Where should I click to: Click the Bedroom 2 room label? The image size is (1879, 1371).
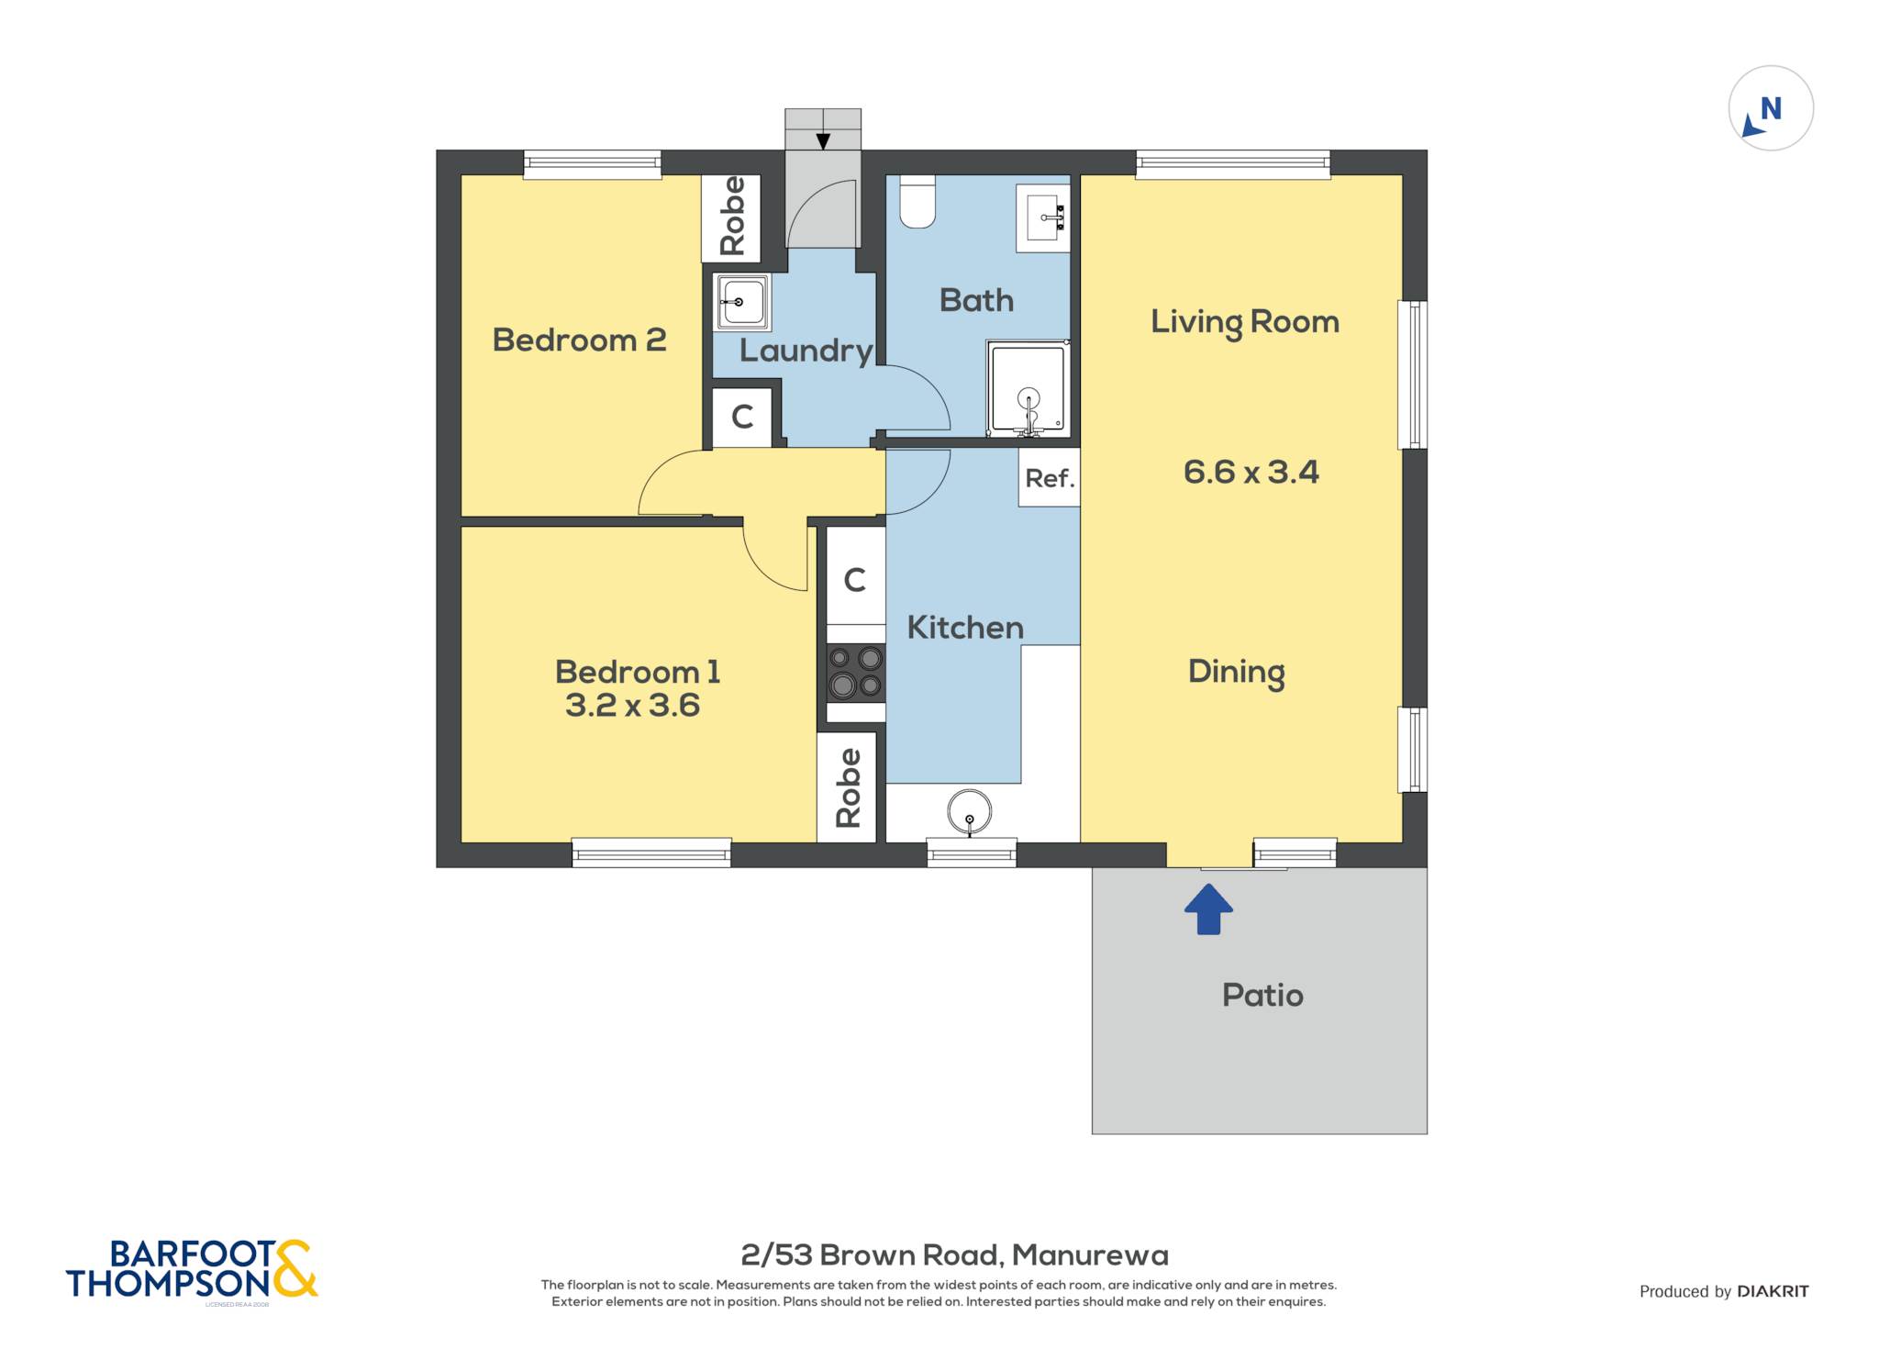(x=579, y=340)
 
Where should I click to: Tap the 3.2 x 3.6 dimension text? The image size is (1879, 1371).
(x=632, y=706)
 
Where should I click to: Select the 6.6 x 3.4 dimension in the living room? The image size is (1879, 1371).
(x=1251, y=473)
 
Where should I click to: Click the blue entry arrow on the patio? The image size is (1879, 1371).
(x=1208, y=908)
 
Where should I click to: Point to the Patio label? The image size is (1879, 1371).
(x=1262, y=996)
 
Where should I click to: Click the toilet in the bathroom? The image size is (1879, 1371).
(x=917, y=201)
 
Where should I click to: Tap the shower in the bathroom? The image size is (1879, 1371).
(x=1028, y=388)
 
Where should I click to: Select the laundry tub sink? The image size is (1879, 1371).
(x=741, y=302)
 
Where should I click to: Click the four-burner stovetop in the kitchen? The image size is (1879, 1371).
(x=855, y=673)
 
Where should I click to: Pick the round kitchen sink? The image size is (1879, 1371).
(x=970, y=812)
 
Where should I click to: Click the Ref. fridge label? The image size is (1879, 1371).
(x=1050, y=478)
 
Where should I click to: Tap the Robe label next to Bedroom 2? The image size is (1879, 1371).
(x=732, y=217)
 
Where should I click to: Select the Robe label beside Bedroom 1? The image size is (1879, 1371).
(x=848, y=787)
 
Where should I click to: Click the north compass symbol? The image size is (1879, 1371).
(x=1771, y=108)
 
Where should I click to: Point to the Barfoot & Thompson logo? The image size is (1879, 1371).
(x=192, y=1271)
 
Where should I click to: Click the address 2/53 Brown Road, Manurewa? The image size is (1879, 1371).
(x=954, y=1254)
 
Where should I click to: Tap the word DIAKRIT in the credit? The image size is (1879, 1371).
(x=1773, y=1291)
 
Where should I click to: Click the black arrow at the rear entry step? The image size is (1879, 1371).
(x=823, y=141)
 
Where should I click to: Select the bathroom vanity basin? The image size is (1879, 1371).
(x=1043, y=217)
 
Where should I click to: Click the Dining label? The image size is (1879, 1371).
(x=1236, y=673)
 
